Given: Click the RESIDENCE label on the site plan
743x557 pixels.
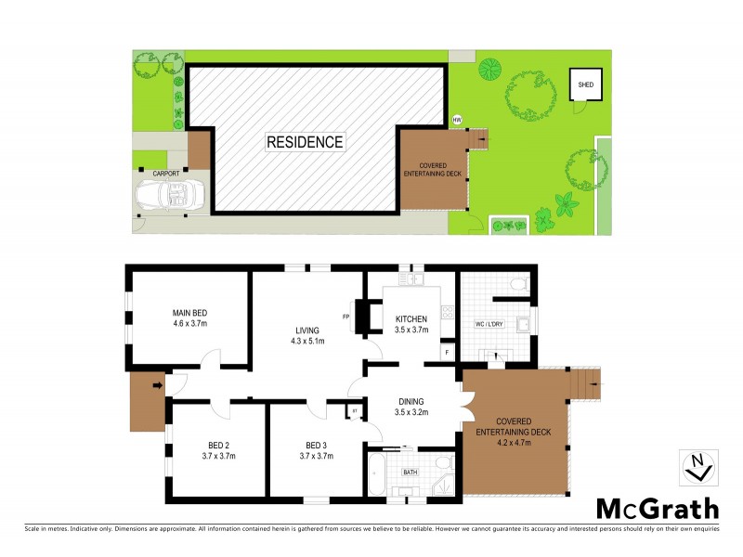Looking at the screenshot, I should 305,142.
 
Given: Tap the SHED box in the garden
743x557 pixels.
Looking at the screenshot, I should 585,85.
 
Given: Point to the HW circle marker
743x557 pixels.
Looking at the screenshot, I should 457,120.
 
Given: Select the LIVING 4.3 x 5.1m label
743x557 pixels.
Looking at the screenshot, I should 307,335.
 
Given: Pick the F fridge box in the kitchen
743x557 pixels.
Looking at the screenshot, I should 447,354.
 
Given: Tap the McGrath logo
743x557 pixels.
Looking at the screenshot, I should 657,508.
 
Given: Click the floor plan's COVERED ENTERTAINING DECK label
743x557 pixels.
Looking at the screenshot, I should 518,429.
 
